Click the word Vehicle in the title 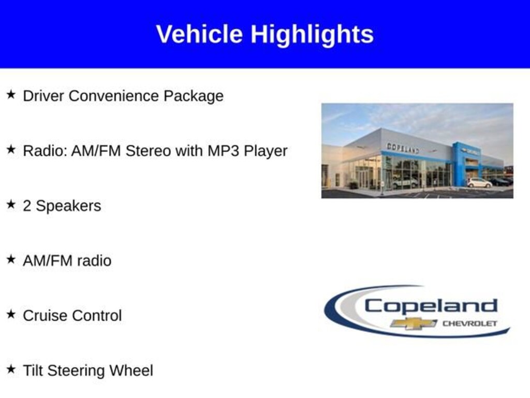199,34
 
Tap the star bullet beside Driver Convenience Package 11,94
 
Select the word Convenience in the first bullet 113,96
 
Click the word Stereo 148,151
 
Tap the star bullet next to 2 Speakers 11,204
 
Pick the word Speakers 68,206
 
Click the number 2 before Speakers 27,206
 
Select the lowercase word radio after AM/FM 94,261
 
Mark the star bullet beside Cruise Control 11,314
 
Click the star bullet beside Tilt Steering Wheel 11,369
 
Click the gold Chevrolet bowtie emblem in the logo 413,323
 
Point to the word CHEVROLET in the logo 469,323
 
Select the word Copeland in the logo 431,306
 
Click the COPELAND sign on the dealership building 403,148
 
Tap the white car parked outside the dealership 479,183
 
